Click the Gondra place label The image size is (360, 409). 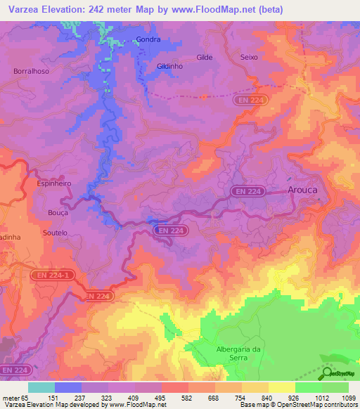(x=148, y=40)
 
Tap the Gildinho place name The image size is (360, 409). (x=170, y=65)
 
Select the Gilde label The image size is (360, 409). (x=205, y=58)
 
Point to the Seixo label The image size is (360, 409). (x=249, y=58)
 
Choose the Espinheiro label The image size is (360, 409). (x=53, y=183)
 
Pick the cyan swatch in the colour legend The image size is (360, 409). (x=41, y=387)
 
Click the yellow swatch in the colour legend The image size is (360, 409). (x=282, y=387)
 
